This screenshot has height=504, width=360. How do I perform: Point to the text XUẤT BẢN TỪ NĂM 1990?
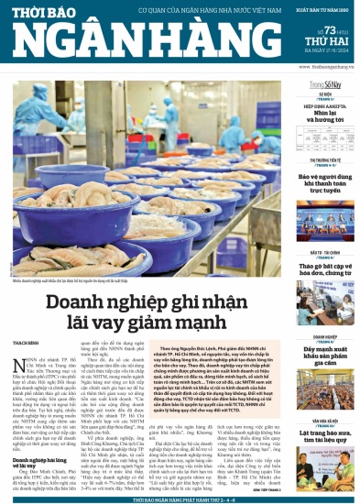(321, 9)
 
